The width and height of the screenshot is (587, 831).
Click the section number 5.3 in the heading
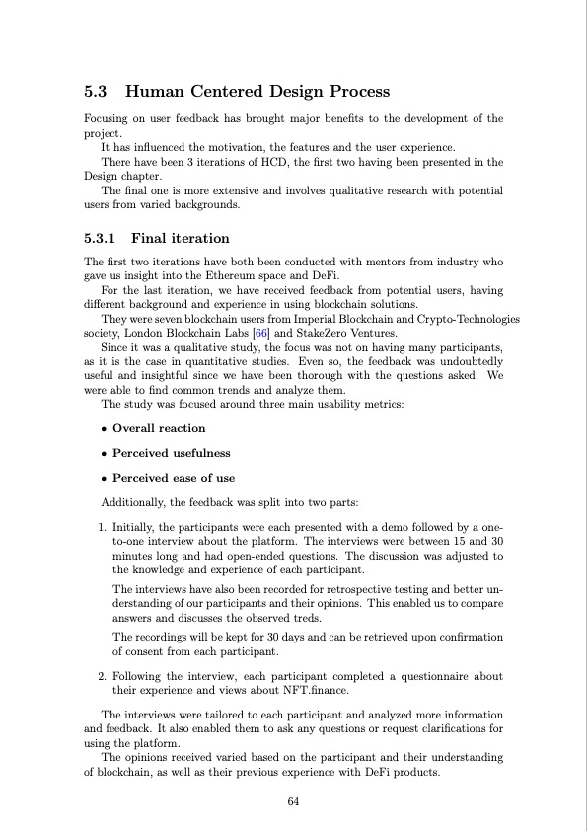pyautogui.click(x=97, y=92)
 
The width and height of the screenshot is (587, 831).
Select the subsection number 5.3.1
pyautogui.click(x=100, y=238)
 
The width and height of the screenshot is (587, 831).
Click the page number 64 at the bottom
pyautogui.click(x=293, y=802)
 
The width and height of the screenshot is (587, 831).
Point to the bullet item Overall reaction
pyautogui.click(x=159, y=428)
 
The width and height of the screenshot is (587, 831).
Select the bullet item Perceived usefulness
pyautogui.click(x=171, y=453)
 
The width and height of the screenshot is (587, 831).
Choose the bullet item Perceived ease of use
pyautogui.click(x=174, y=478)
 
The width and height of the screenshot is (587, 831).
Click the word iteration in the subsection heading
pyautogui.click(x=196, y=238)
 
